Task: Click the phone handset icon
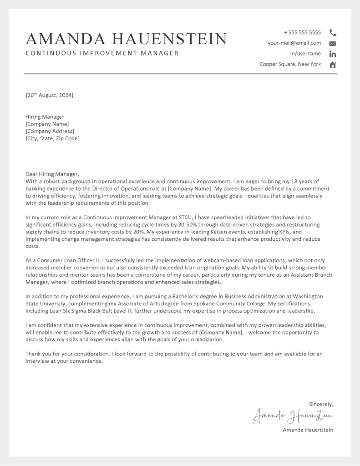click(333, 33)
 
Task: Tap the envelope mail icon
click(333, 44)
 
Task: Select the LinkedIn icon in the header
click(333, 54)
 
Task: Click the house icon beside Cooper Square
click(333, 65)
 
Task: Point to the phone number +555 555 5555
click(302, 33)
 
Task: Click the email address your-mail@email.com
click(294, 43)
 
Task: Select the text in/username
click(305, 54)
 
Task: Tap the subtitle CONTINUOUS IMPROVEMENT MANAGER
click(102, 53)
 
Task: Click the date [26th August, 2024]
click(49, 95)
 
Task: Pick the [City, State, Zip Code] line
click(52, 138)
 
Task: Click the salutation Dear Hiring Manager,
click(52, 174)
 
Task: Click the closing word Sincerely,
click(321, 404)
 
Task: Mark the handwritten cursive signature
click(293, 416)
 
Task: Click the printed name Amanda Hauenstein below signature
click(308, 430)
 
